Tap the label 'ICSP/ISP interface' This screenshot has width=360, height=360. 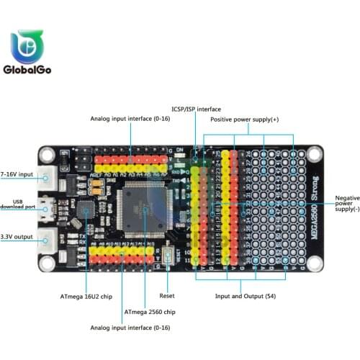click(195, 109)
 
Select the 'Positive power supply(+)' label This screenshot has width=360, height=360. click(244, 120)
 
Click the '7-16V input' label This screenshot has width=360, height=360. click(18, 174)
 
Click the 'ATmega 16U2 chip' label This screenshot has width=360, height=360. click(86, 295)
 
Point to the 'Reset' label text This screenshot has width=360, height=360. click(167, 295)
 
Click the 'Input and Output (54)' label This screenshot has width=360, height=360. click(245, 295)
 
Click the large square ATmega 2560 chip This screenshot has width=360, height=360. click(145, 208)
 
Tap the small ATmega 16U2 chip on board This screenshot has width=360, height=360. click(86, 210)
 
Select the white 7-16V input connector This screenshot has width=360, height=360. click(50, 175)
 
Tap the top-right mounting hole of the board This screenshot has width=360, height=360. click(315, 154)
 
